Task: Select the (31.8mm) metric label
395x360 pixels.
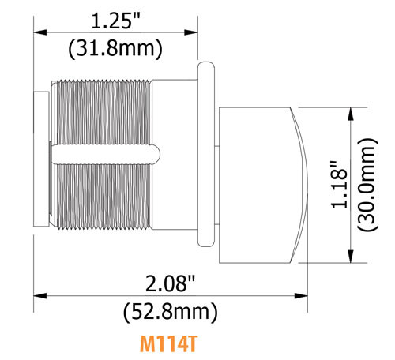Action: [x=115, y=48]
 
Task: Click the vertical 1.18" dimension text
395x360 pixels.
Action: [x=338, y=186]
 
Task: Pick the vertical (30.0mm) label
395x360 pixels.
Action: [x=367, y=186]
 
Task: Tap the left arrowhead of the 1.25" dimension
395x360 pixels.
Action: [x=37, y=32]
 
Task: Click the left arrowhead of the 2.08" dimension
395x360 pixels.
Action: [x=37, y=295]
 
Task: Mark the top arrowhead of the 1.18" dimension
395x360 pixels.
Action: [x=350, y=112]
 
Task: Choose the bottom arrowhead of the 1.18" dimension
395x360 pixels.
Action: [x=350, y=259]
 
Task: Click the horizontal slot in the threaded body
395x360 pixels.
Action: [x=103, y=150]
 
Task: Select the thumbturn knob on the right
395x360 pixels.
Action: [x=253, y=186]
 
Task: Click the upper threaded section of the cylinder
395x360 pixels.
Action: [x=103, y=111]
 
